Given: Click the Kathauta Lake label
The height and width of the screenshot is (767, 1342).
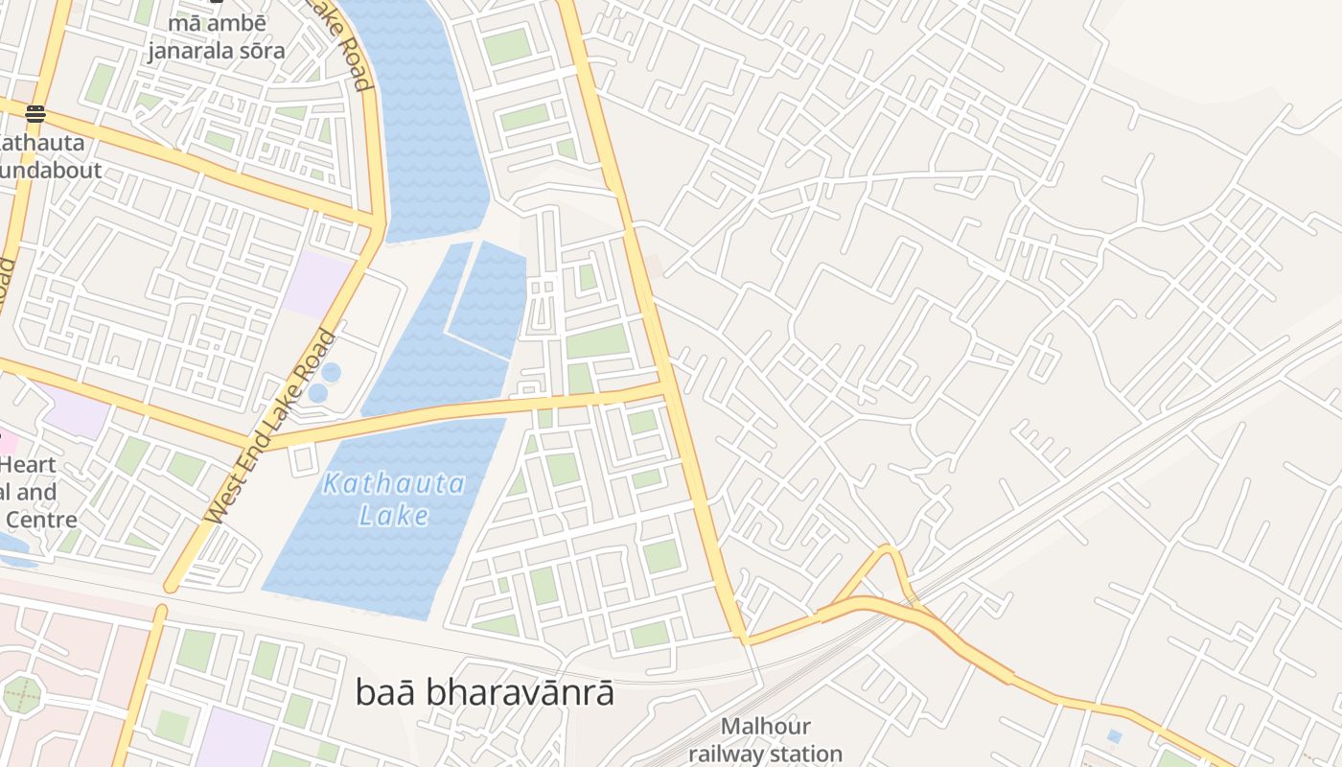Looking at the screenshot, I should tap(394, 499).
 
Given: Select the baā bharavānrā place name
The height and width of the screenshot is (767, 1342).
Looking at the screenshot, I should tap(484, 692).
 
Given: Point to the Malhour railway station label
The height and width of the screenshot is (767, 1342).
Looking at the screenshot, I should tap(765, 740).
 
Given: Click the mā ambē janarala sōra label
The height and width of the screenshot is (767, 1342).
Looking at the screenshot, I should tap(216, 36).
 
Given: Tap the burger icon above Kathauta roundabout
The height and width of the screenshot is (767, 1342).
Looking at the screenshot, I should tap(35, 115).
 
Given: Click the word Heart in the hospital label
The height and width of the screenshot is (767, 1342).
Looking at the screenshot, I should tap(29, 465).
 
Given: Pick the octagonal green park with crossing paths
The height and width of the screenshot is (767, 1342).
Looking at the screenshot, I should tap(22, 694).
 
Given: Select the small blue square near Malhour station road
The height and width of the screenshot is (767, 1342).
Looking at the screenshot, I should tap(1113, 736).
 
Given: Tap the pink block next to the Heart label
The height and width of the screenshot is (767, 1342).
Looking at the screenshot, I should tap(8, 443).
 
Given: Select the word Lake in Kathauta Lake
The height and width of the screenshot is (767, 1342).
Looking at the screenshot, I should tap(394, 516).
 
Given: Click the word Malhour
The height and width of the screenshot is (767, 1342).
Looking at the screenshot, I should tap(765, 727).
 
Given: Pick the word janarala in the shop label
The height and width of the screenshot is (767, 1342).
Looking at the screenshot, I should tap(192, 50).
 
